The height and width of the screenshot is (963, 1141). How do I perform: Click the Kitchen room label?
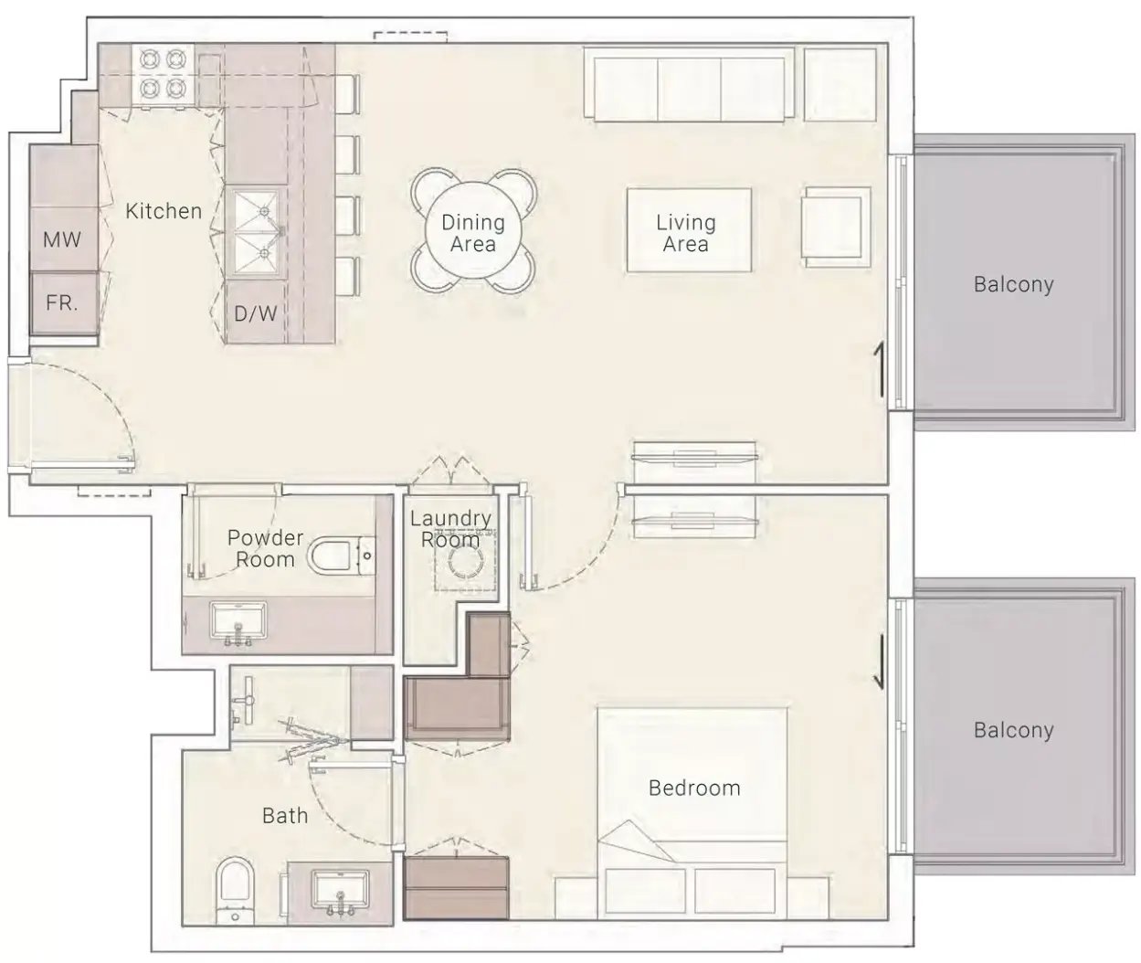pyautogui.click(x=164, y=211)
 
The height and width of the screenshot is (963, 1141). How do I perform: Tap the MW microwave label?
pyautogui.click(x=62, y=239)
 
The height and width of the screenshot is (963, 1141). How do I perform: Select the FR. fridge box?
pyautogui.click(x=64, y=302)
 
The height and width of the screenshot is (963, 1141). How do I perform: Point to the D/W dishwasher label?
pyautogui.click(x=255, y=313)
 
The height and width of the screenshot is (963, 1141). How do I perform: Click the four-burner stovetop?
pyautogui.click(x=164, y=74)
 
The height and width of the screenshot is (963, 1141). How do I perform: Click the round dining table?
pyautogui.click(x=473, y=230)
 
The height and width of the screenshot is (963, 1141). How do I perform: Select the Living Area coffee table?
pyautogui.click(x=689, y=230)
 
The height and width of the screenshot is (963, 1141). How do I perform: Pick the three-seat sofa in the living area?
pyautogui.click(x=689, y=84)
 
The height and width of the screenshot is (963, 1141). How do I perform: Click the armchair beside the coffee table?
pyautogui.click(x=836, y=228)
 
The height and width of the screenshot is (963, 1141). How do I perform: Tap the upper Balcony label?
pyautogui.click(x=1014, y=284)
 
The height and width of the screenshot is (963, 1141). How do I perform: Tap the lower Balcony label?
pyautogui.click(x=1014, y=730)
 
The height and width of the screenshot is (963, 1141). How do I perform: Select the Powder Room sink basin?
pyautogui.click(x=238, y=622)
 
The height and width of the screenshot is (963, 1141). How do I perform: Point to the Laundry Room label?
pyautogui.click(x=450, y=529)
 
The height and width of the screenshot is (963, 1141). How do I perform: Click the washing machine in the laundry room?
pyautogui.click(x=466, y=560)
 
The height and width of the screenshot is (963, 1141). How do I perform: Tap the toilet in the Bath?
pyautogui.click(x=236, y=890)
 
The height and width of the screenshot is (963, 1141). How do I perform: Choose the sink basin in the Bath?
pyautogui.click(x=340, y=893)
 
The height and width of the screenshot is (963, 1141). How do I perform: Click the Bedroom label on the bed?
pyautogui.click(x=694, y=788)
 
